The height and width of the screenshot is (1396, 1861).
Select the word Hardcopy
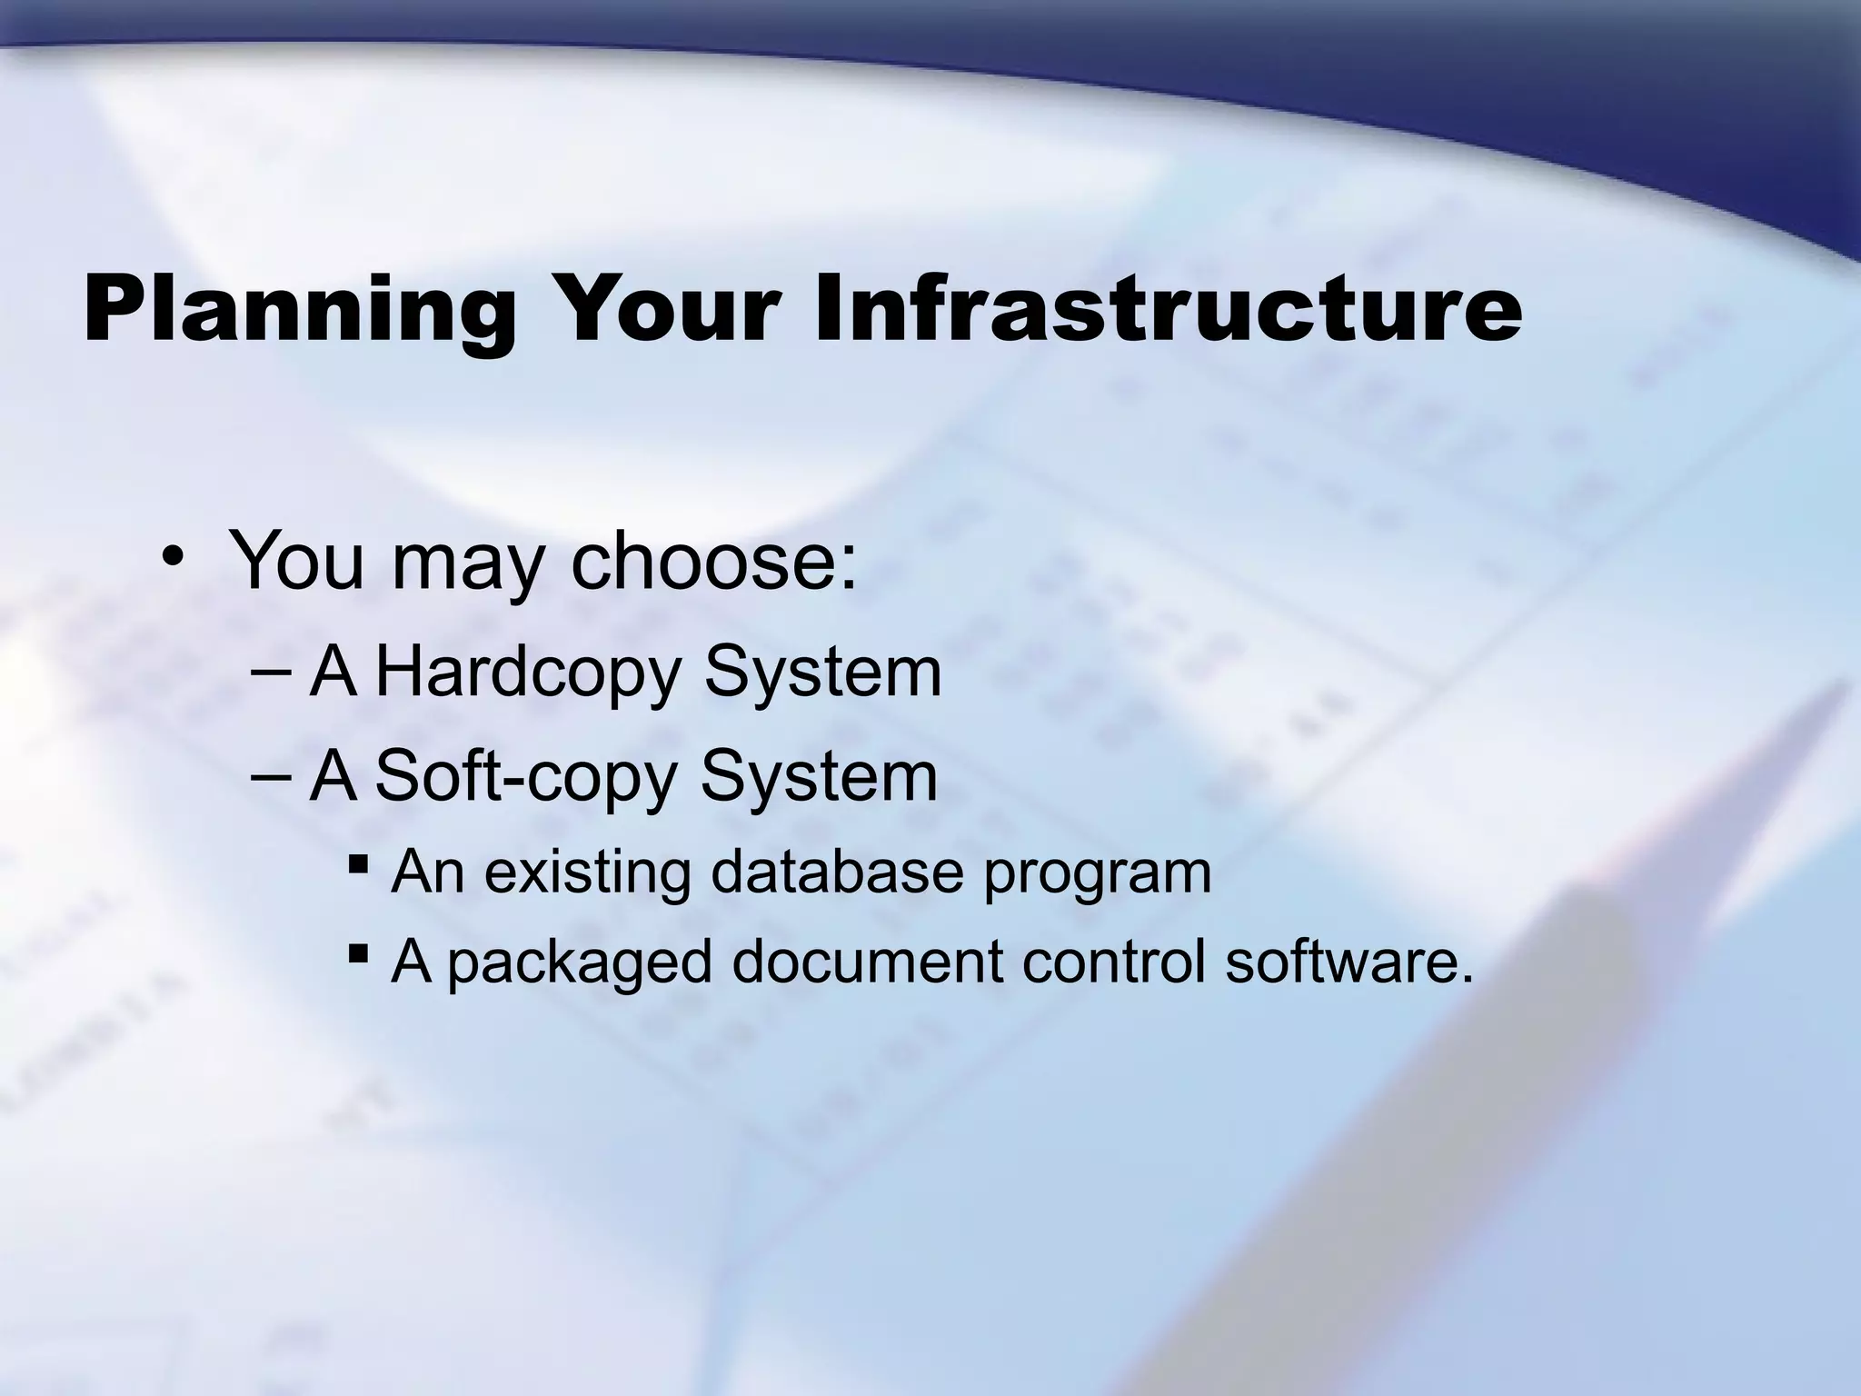(527, 674)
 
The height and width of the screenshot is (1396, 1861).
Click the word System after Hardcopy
(822, 674)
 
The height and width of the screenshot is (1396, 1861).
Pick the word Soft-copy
(526, 778)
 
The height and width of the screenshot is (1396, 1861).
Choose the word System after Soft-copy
(819, 778)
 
